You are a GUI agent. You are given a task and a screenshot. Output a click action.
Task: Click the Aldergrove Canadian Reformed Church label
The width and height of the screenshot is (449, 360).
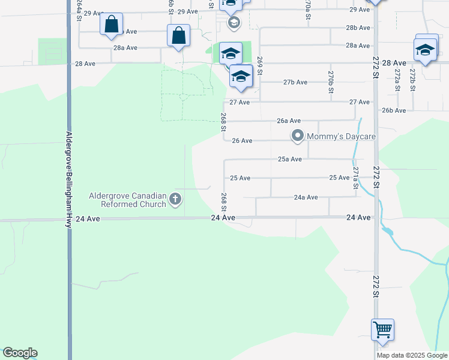(127, 200)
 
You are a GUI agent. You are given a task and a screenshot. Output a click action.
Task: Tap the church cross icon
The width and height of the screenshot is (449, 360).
(175, 199)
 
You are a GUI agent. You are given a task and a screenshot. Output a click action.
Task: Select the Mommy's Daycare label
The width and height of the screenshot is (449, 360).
(341, 136)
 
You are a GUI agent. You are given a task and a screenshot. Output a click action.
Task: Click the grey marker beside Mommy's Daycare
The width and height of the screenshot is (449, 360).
(297, 136)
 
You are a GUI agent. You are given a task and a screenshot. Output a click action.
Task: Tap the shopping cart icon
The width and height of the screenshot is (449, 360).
(382, 330)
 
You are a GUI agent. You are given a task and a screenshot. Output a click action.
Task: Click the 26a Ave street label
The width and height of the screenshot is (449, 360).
(289, 121)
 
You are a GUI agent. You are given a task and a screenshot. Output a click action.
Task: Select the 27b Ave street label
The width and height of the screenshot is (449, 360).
(295, 82)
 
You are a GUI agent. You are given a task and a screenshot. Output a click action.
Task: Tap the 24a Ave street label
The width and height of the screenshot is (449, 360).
(306, 197)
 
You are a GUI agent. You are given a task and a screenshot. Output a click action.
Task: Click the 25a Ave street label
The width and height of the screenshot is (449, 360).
(289, 159)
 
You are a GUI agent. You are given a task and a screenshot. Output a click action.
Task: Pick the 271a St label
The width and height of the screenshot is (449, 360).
(355, 178)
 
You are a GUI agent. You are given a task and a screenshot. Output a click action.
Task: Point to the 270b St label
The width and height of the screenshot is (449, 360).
(331, 82)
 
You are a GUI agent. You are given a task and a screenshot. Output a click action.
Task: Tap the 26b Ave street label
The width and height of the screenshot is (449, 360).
(394, 110)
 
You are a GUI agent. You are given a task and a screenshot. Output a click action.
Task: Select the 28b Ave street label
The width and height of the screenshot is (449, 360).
(358, 28)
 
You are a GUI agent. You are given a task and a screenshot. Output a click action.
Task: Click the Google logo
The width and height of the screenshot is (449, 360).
(20, 353)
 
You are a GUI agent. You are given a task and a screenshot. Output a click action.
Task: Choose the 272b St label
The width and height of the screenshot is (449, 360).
(412, 79)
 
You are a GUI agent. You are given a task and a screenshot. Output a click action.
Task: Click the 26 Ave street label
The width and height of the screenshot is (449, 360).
(242, 140)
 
